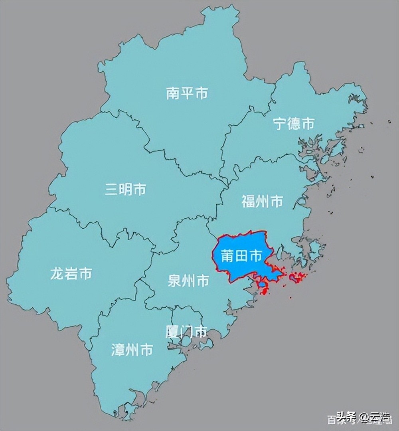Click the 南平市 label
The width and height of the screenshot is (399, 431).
(x=187, y=93)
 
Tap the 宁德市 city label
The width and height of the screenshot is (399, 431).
(x=294, y=123)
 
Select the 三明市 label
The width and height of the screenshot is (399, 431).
(x=125, y=189)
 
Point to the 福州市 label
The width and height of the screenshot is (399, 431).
(x=262, y=202)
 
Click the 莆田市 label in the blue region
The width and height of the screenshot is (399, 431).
(x=242, y=256)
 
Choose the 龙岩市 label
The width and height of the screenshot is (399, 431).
(x=71, y=273)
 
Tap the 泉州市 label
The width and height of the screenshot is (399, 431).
(x=188, y=281)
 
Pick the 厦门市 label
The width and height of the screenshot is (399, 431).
(x=186, y=332)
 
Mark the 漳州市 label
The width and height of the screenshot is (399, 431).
(x=132, y=350)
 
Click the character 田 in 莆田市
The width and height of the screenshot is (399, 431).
(x=242, y=256)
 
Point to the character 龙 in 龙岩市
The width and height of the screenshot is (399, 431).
(x=57, y=273)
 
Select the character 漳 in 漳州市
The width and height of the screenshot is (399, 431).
(x=118, y=350)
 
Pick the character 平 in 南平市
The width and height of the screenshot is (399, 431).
(x=187, y=93)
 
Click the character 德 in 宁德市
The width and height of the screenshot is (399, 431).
(x=294, y=123)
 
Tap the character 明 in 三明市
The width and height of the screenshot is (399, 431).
(x=125, y=189)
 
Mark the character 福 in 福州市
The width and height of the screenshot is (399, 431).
(x=248, y=202)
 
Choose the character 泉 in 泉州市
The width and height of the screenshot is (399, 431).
(x=174, y=281)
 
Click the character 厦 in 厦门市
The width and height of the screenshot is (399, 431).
(x=172, y=332)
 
